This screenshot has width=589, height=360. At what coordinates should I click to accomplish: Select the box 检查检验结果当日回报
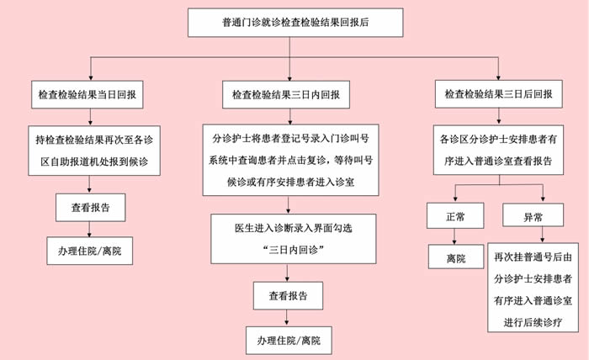[x=89, y=95]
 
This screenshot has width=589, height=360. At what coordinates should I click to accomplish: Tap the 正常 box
[x=455, y=216]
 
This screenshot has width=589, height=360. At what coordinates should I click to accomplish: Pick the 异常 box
[x=532, y=216]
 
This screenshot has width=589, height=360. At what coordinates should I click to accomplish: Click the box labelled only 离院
[x=455, y=258]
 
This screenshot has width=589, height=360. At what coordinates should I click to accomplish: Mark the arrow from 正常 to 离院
[x=455, y=237]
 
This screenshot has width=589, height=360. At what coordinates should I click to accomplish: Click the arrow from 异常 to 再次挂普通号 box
[x=532, y=236]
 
